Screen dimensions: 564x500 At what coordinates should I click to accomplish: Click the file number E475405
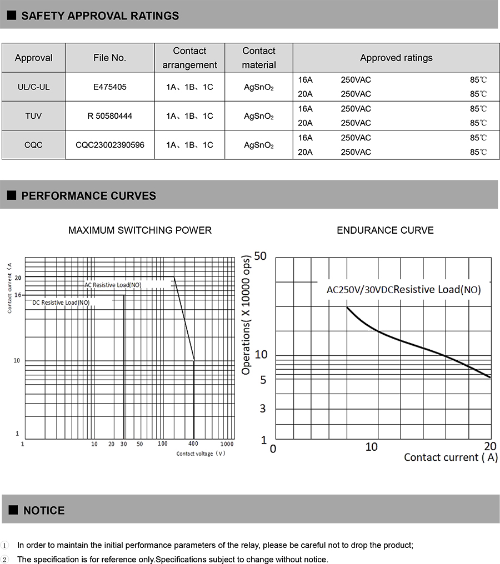click(110, 87)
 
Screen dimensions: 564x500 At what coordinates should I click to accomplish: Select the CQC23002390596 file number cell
click(110, 145)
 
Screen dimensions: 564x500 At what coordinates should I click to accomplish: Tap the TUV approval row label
click(33, 116)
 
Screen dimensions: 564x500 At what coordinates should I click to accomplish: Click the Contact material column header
click(259, 58)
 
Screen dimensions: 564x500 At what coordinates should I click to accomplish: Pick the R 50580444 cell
click(110, 116)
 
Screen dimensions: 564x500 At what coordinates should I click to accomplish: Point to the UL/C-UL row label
click(33, 87)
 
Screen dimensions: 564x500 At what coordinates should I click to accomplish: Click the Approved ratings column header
click(396, 58)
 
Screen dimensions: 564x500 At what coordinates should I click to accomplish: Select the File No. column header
click(110, 58)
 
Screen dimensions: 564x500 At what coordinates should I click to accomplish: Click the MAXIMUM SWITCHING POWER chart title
click(140, 230)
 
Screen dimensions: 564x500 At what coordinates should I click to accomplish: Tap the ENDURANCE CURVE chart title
click(385, 230)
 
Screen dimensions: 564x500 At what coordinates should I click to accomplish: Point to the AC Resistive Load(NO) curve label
click(113, 285)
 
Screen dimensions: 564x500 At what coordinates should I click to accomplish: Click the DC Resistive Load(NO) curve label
click(61, 303)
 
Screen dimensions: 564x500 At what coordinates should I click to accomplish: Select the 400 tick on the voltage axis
click(193, 444)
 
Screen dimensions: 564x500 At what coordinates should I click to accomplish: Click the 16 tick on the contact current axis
click(18, 295)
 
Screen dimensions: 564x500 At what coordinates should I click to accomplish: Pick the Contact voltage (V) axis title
click(201, 454)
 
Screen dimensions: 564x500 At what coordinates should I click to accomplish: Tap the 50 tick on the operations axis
click(260, 256)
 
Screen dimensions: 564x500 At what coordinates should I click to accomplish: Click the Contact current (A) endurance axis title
click(451, 457)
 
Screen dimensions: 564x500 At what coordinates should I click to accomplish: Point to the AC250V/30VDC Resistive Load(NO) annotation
click(403, 289)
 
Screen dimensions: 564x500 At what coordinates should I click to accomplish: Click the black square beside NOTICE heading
click(13, 510)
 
